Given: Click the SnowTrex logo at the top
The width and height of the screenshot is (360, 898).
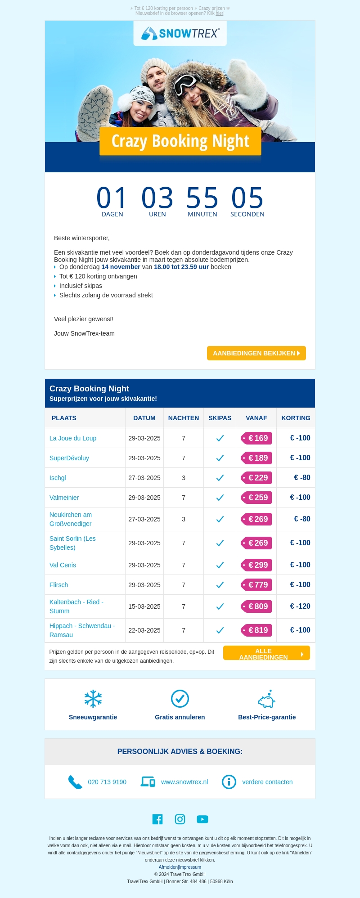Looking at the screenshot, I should click(180, 33).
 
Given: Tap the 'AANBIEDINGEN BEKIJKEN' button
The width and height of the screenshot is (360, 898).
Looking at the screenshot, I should click(256, 353).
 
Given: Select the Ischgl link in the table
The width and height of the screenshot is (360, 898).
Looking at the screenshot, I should click(58, 478).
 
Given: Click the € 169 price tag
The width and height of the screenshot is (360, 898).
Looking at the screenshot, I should click(256, 438).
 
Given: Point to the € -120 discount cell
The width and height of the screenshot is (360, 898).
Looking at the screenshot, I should click(300, 606).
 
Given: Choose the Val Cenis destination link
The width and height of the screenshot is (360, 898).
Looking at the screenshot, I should click(63, 565).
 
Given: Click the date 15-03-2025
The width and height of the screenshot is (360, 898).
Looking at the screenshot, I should click(144, 606).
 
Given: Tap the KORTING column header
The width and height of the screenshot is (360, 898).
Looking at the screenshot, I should click(296, 418).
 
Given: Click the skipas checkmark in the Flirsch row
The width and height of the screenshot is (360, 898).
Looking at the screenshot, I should click(220, 585).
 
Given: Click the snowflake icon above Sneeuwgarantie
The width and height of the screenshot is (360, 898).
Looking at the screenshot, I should click(93, 699).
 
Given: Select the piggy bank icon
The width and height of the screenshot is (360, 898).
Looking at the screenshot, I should click(267, 699).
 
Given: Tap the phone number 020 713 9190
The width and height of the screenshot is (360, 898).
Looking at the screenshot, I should click(107, 782).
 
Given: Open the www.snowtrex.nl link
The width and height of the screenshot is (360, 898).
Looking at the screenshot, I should click(184, 782).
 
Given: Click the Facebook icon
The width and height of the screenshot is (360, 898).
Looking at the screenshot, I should click(157, 819).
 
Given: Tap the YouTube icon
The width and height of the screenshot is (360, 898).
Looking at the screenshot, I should click(202, 819).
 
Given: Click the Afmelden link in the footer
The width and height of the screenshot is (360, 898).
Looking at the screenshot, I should click(168, 867).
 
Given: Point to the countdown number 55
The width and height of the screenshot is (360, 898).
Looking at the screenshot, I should click(202, 198).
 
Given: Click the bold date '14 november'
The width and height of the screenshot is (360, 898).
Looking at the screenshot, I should click(121, 267).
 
